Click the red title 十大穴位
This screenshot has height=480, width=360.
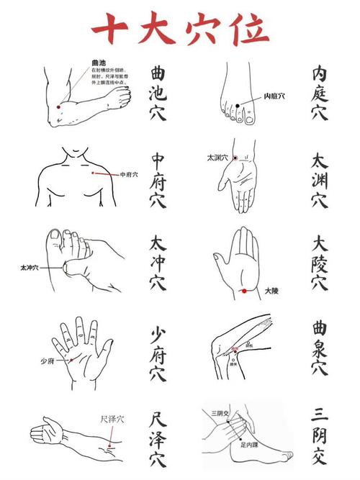tap(180, 30)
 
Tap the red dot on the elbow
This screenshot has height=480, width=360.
tap(58, 107)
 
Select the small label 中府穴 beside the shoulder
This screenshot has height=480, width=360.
tap(129, 174)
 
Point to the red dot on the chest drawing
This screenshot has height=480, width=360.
tap(94, 173)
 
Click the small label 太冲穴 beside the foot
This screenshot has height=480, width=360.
tap(30, 267)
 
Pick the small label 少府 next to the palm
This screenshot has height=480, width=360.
tap(48, 361)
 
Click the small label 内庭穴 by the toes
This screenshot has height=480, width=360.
tap(274, 95)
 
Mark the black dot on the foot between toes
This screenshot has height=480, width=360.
tap(238, 106)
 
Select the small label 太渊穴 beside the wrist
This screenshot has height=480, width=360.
tap(217, 157)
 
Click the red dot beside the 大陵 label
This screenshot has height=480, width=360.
tap(245, 291)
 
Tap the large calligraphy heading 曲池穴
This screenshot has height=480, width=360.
tap(158, 94)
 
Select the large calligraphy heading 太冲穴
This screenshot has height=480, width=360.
tap(158, 264)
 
